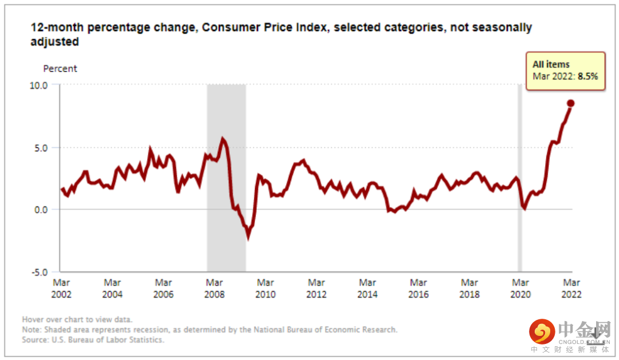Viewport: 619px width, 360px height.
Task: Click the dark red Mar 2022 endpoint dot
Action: tap(571, 103)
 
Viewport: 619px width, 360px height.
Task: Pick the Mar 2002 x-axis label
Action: tap(61, 288)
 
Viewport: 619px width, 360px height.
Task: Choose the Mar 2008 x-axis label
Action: tap(214, 288)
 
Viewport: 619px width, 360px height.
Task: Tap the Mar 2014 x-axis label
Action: tap(367, 288)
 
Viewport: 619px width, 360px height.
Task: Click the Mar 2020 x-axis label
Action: tap(520, 288)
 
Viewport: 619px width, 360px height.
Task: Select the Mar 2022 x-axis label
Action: tap(571, 288)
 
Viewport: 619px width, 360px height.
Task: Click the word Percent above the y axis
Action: tap(60, 69)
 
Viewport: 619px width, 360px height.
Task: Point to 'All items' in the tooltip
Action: tap(551, 65)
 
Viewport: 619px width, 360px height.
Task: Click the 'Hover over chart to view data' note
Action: tap(77, 319)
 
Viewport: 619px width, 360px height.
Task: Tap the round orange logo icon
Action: tap(542, 332)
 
